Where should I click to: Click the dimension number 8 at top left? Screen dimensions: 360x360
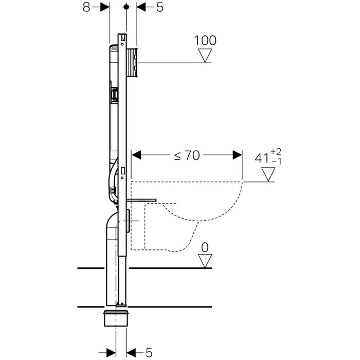pos(86,7)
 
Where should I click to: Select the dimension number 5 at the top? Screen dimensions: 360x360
pos(160,7)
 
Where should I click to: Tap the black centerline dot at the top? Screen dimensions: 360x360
pos(126,7)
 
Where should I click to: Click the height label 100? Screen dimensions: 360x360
pos(205,41)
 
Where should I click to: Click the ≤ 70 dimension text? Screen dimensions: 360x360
pos(187,155)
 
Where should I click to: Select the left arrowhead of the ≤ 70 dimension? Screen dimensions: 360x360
pos(136,155)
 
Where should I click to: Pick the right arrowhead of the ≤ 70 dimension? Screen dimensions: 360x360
pos(238,155)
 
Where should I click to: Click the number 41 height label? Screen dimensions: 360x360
pos(262,158)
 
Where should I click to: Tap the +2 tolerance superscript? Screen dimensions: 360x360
pos(276,152)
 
